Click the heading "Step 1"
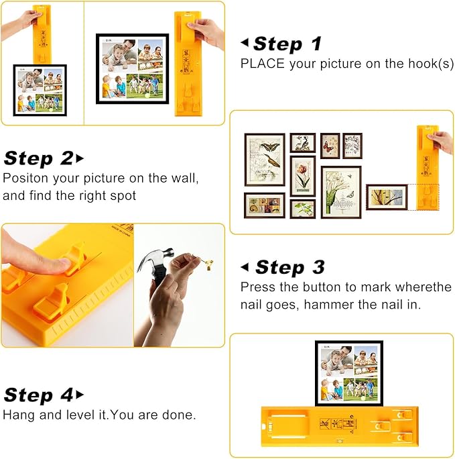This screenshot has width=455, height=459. (x=287, y=44)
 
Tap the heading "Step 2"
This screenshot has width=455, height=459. (x=38, y=158)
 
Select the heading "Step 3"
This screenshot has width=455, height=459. (x=289, y=267)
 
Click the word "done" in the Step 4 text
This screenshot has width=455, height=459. (x=183, y=415)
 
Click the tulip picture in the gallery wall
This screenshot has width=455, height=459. (x=302, y=175)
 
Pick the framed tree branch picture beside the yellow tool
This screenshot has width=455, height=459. (x=387, y=197)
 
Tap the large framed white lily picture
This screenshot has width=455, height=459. (x=340, y=192)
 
